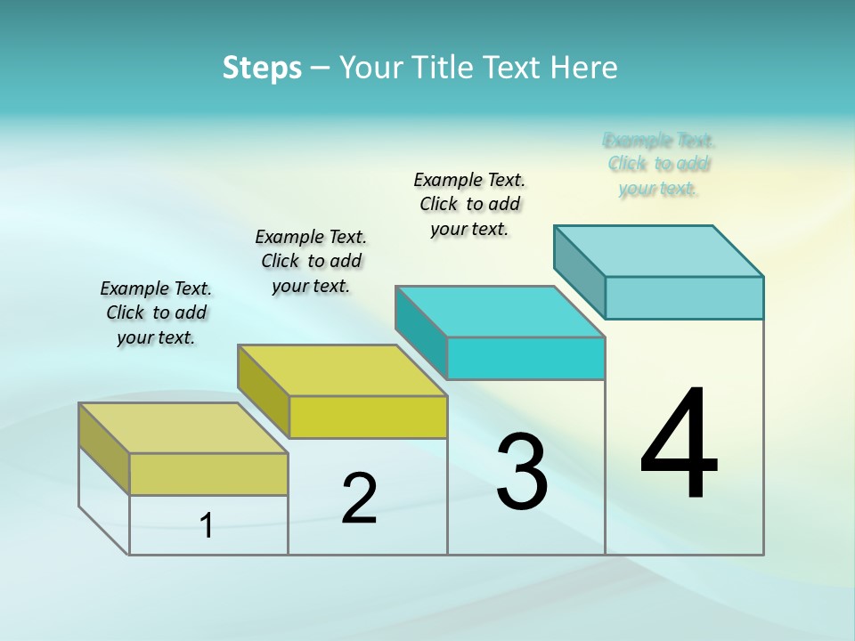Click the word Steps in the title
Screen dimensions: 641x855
262,68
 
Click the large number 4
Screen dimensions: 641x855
679,445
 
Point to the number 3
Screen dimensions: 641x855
522,472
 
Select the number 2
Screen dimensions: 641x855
360,499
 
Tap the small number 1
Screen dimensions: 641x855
207,525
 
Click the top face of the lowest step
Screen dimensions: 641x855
183,428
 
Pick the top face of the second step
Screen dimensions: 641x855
342,370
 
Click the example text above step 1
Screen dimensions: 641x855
156,312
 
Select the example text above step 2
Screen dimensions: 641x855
311,261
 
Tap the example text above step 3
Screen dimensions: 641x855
469,204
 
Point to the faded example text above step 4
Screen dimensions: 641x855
659,164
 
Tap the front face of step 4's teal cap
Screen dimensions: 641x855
684,297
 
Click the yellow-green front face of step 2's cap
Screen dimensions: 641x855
368,417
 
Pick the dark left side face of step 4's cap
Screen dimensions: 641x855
580,272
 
